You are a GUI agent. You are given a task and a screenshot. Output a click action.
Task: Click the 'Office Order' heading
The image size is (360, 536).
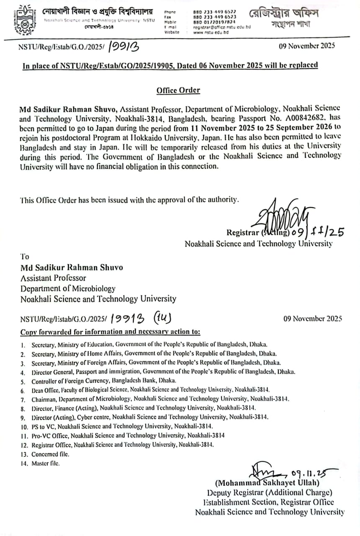(x=178, y=90)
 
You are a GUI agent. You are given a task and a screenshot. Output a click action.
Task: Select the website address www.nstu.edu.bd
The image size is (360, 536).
(x=211, y=32)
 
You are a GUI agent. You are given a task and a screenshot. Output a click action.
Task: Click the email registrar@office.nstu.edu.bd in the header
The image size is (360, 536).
(x=221, y=27)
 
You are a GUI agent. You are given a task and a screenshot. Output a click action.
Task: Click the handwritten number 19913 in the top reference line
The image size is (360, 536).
(x=124, y=46)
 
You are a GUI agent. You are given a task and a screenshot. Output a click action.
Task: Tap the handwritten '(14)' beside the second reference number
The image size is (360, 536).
(x=162, y=317)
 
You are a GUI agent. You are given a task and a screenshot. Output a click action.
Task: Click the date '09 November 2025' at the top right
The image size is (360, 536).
(x=307, y=46)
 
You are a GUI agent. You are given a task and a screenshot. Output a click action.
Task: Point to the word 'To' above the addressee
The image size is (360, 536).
(x=25, y=256)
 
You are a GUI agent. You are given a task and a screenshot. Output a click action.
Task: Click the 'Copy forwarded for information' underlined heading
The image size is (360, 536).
(x=111, y=332)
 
